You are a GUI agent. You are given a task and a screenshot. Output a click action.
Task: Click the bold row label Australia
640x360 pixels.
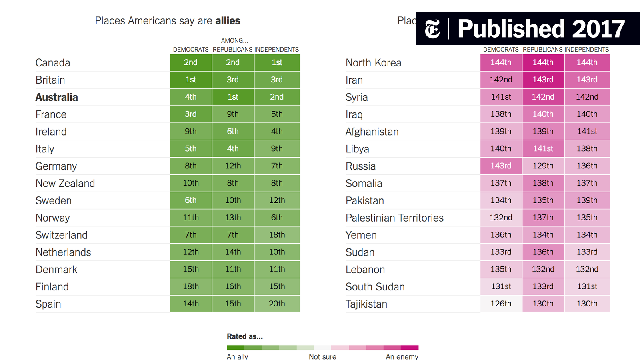pos(56,97)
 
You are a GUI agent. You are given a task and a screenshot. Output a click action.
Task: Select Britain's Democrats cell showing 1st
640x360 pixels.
pos(191,80)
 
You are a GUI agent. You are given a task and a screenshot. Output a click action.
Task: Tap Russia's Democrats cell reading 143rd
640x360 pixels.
pos(501,166)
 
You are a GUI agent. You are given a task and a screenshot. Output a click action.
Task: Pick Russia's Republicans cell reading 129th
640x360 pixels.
pos(543,166)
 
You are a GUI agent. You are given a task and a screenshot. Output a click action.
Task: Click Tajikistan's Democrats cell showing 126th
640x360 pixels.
pos(501,304)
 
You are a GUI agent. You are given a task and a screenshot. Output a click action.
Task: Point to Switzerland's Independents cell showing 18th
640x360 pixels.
pos(277,235)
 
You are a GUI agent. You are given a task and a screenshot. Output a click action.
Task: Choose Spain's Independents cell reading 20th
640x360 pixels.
pos(277,304)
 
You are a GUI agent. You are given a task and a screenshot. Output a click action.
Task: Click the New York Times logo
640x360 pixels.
pos(432,29)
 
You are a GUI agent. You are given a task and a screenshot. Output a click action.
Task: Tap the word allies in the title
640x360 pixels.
pos(228,21)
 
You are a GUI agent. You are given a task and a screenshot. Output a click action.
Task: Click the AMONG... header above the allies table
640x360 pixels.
pos(234,40)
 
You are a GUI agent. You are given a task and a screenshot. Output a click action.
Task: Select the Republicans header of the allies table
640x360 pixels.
pos(232,50)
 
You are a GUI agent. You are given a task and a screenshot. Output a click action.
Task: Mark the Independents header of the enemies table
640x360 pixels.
pos(586,50)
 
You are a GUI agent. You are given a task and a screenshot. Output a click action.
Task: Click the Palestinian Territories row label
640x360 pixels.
pos(394,218)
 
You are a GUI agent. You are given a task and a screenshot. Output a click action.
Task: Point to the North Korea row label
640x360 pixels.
pos(374,63)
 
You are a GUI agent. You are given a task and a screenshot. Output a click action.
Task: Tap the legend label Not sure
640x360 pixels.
pos(322,356)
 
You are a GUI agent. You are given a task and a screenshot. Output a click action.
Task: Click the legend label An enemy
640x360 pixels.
pos(402,356)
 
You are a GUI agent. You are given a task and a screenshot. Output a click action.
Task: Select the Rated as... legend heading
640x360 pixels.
pos(245,336)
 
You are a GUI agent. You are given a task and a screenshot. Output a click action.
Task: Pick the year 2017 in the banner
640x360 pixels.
pos(598,29)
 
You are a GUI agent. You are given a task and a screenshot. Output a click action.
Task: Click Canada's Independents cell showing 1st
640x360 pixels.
pos(277,62)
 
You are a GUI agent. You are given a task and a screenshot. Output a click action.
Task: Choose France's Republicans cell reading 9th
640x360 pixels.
pos(233,114)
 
